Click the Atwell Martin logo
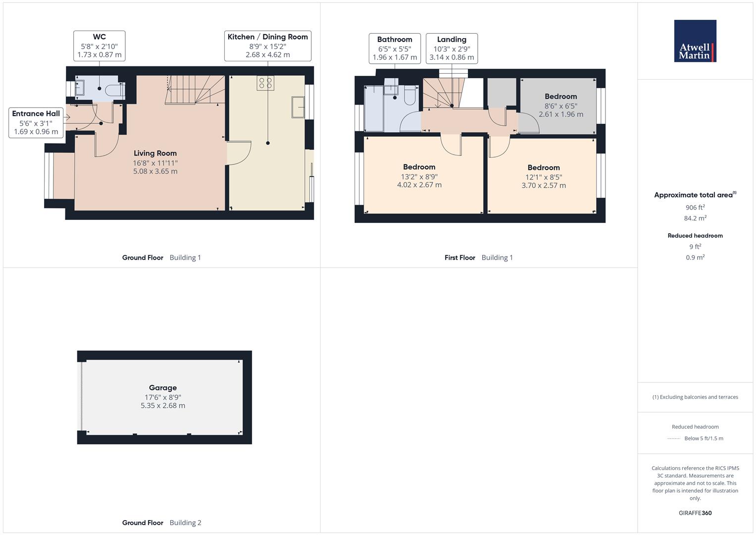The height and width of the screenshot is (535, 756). pyautogui.click(x=695, y=41)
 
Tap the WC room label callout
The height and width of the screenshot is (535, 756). pyautogui.click(x=100, y=46)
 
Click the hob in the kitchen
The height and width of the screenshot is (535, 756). pyautogui.click(x=265, y=83)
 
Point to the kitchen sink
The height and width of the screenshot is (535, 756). pyautogui.click(x=298, y=107)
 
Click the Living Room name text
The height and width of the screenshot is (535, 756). pyautogui.click(x=155, y=154)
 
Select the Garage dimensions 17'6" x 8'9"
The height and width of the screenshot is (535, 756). pyautogui.click(x=163, y=397)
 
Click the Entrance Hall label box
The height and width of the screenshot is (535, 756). pyautogui.click(x=36, y=123)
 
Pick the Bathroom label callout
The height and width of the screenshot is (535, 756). pyautogui.click(x=395, y=49)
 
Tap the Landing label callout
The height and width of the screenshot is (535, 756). pyautogui.click(x=452, y=49)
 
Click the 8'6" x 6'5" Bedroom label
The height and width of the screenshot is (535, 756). pyautogui.click(x=561, y=106)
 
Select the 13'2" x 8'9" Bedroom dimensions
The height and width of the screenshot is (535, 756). pyautogui.click(x=419, y=177)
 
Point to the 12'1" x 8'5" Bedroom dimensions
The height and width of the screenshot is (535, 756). pyautogui.click(x=544, y=177)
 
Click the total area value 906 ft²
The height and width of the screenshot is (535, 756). pyautogui.click(x=695, y=208)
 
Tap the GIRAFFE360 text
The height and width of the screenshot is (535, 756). pyautogui.click(x=695, y=513)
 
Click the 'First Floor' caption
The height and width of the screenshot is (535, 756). pyautogui.click(x=459, y=258)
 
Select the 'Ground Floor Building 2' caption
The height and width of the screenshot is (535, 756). pyautogui.click(x=162, y=523)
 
